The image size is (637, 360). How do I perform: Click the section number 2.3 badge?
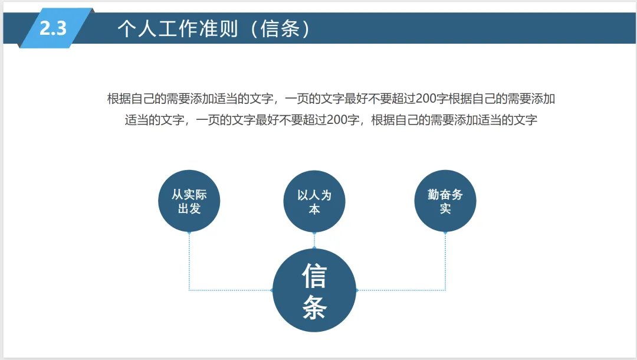point(54,28)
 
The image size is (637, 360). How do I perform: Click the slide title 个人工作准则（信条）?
point(214,29)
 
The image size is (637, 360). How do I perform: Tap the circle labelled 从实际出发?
point(189,201)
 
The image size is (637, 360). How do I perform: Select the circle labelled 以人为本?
point(314,201)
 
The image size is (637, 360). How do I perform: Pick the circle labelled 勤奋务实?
point(445,201)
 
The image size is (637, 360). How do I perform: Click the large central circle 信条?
point(314,290)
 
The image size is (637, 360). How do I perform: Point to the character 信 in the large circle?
point(314,275)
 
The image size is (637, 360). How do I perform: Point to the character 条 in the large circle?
point(314,307)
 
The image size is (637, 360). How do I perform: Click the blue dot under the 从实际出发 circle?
point(189,233)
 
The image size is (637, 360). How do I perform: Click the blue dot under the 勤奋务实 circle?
point(445,233)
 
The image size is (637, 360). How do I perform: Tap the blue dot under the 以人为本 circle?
point(314,233)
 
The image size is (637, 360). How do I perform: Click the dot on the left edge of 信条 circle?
point(272,290)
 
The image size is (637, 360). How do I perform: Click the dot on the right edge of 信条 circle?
point(357,290)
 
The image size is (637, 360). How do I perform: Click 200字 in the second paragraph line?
point(343,120)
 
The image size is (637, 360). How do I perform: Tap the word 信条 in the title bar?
point(280,29)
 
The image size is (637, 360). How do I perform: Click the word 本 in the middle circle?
point(314,209)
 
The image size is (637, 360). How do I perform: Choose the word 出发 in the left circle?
point(189,209)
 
